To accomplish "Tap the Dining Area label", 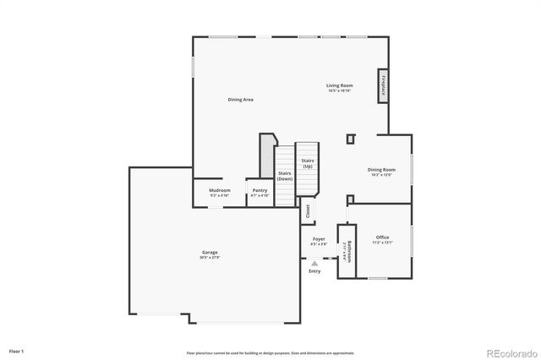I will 240,100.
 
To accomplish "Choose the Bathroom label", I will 347,252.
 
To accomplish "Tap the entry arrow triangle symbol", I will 314,264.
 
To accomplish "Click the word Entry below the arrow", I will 314,271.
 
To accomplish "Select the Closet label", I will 308,211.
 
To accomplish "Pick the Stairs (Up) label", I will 308,162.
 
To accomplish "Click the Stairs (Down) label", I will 285,176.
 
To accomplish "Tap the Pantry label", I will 260,192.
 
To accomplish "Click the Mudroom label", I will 220,192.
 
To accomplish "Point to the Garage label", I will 210,254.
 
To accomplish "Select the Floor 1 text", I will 17,350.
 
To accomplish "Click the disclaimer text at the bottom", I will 270,352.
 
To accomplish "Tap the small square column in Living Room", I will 351,138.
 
